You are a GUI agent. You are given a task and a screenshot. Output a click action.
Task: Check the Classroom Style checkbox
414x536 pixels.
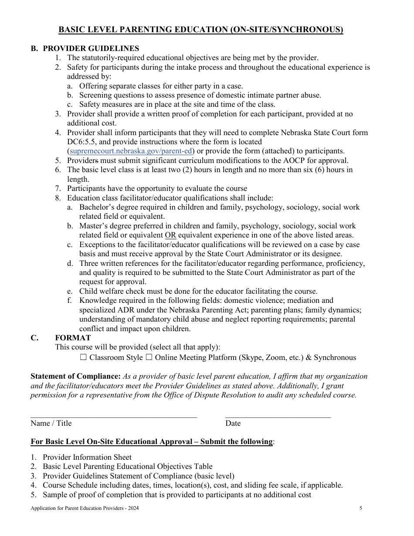click(84, 357)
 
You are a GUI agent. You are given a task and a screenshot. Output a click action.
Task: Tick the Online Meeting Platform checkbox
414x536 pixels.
click(149, 357)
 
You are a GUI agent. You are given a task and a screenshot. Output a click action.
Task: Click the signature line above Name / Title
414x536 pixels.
click(113, 417)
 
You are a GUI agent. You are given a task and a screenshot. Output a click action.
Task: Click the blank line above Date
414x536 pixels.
click(278, 417)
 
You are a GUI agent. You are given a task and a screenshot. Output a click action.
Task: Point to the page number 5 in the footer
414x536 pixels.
click(361, 508)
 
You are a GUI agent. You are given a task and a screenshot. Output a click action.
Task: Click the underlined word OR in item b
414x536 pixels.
click(171, 235)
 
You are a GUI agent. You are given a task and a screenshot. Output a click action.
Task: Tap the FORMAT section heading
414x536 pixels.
click(73, 338)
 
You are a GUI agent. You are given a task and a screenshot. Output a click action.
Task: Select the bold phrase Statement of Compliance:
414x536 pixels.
click(75, 376)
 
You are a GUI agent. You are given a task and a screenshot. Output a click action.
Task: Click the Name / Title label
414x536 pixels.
click(51, 423)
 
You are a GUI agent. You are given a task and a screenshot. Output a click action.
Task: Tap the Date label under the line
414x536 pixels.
click(233, 423)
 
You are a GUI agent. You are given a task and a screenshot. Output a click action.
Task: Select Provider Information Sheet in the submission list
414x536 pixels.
click(87, 457)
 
